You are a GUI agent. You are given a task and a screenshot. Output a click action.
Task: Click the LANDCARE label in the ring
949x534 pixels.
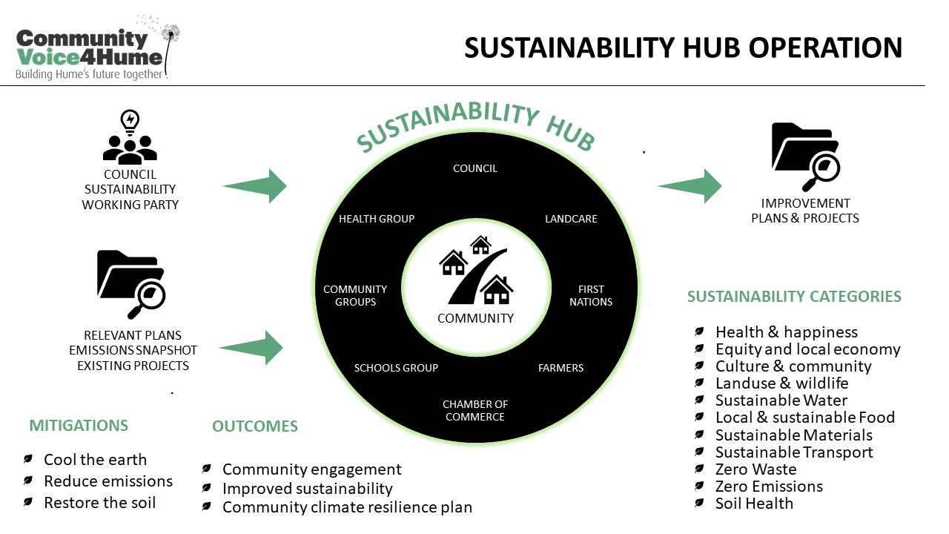pos(571,219)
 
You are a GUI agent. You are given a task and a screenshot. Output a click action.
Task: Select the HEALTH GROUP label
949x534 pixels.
pos(377,219)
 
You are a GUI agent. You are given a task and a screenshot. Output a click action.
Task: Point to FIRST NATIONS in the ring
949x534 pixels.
pos(591,295)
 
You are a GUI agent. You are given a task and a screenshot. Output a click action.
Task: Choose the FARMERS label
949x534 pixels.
pos(561,368)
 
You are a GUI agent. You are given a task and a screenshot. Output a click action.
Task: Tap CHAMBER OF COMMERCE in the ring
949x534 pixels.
pos(475,411)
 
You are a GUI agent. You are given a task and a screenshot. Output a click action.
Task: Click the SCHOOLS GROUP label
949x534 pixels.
pos(396,368)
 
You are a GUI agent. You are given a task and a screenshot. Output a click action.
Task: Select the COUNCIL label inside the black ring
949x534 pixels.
pos(475,168)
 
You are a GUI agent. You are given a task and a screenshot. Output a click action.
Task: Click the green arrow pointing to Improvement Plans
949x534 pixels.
pos(690,186)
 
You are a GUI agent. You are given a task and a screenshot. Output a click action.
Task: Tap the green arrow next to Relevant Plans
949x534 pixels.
pos(251,348)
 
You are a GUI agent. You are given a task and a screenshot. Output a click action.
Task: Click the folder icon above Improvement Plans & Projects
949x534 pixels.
pos(806,156)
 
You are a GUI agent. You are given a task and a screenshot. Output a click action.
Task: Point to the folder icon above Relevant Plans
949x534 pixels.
pos(131,284)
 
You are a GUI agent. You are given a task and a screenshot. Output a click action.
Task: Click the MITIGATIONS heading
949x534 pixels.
pos(79,426)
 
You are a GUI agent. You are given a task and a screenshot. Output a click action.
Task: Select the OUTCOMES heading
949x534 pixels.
pos(255,426)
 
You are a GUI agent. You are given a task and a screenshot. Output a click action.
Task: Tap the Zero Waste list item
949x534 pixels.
pos(755,469)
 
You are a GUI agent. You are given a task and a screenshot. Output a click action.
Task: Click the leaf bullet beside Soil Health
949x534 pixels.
pos(699,503)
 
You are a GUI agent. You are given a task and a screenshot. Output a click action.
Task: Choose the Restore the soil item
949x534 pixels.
pos(100,503)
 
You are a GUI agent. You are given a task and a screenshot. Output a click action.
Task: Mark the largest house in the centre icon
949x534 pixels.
pos(496,290)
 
